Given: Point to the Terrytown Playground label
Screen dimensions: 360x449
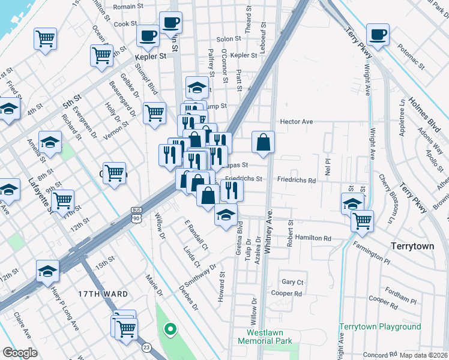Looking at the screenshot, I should tap(380, 326).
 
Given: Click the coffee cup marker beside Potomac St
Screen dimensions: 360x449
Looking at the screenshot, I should tap(378, 35).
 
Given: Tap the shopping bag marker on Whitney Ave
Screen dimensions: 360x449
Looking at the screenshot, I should tap(263, 143).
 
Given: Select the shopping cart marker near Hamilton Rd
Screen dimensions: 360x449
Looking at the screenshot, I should tap(361, 220).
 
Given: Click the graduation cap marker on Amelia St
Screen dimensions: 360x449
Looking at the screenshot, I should tap(50, 143).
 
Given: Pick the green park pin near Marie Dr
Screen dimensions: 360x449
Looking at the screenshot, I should tap(170, 329).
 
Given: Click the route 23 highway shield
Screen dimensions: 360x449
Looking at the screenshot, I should tap(146, 347).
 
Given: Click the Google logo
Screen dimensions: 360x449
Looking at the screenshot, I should tap(20, 353).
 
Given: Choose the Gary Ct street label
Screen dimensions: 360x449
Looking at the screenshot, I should tap(292, 282).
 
